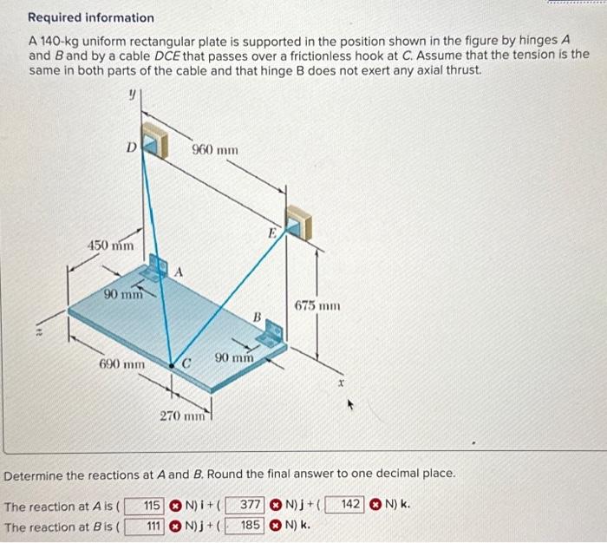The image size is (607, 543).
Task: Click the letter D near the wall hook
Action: (131, 147)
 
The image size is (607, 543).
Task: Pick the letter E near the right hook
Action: (271, 233)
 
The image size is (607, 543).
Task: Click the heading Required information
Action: (91, 17)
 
